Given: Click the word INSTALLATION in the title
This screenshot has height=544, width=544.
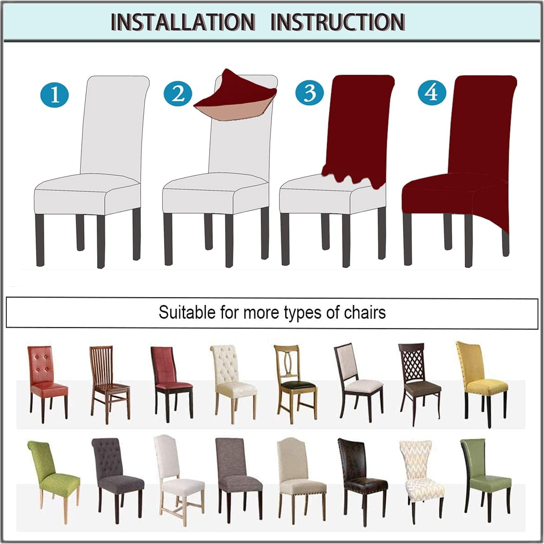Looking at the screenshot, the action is tap(183, 22).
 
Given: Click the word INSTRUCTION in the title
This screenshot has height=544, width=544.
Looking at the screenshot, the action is tap(338, 22).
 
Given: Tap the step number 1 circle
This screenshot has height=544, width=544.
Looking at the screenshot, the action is tap(54, 95).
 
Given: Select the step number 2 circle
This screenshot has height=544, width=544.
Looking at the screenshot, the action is tap(178, 94).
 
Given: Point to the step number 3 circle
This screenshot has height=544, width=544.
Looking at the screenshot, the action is tap(310, 92).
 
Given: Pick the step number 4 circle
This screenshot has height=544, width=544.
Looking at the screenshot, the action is tap(432, 93).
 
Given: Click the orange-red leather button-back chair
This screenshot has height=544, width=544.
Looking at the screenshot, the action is tap(47, 384).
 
